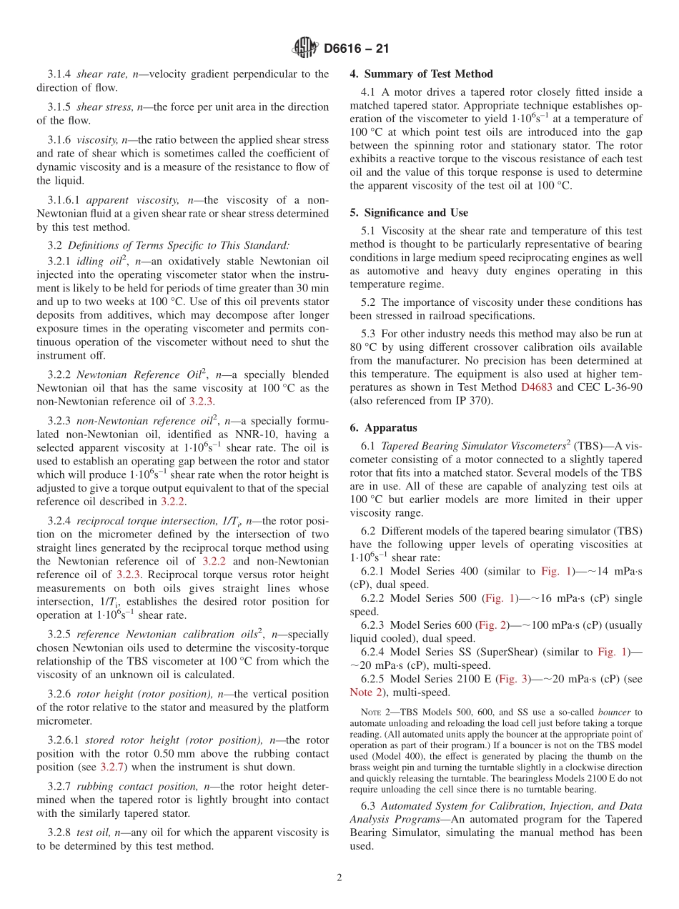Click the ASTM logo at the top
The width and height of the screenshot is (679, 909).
pyautogui.click(x=305, y=48)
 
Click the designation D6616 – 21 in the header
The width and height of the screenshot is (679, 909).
pyautogui.click(x=356, y=49)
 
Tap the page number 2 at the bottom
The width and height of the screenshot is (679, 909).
pyautogui.click(x=339, y=878)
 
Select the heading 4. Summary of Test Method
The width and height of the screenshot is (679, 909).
pyautogui.click(x=421, y=74)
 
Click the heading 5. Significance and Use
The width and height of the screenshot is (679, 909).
pyautogui.click(x=409, y=212)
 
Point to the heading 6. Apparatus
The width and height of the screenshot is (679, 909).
pyautogui.click(x=383, y=428)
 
